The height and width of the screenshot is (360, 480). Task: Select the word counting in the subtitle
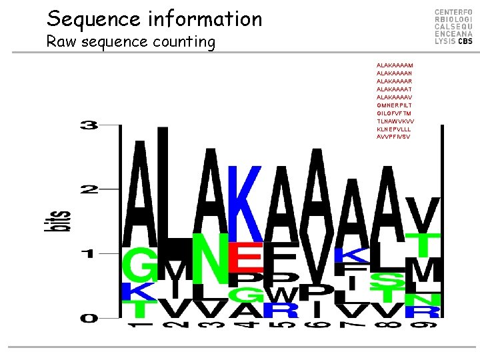pyautogui.click(x=184, y=43)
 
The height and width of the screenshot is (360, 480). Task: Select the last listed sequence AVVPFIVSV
pyautogui.click(x=394, y=137)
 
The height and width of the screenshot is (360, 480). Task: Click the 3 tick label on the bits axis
pyautogui.click(x=89, y=126)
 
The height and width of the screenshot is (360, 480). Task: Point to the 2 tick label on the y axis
pyautogui.click(x=89, y=190)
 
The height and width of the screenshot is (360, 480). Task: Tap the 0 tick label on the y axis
pyautogui.click(x=89, y=318)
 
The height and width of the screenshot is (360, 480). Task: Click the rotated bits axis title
pyautogui.click(x=59, y=221)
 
